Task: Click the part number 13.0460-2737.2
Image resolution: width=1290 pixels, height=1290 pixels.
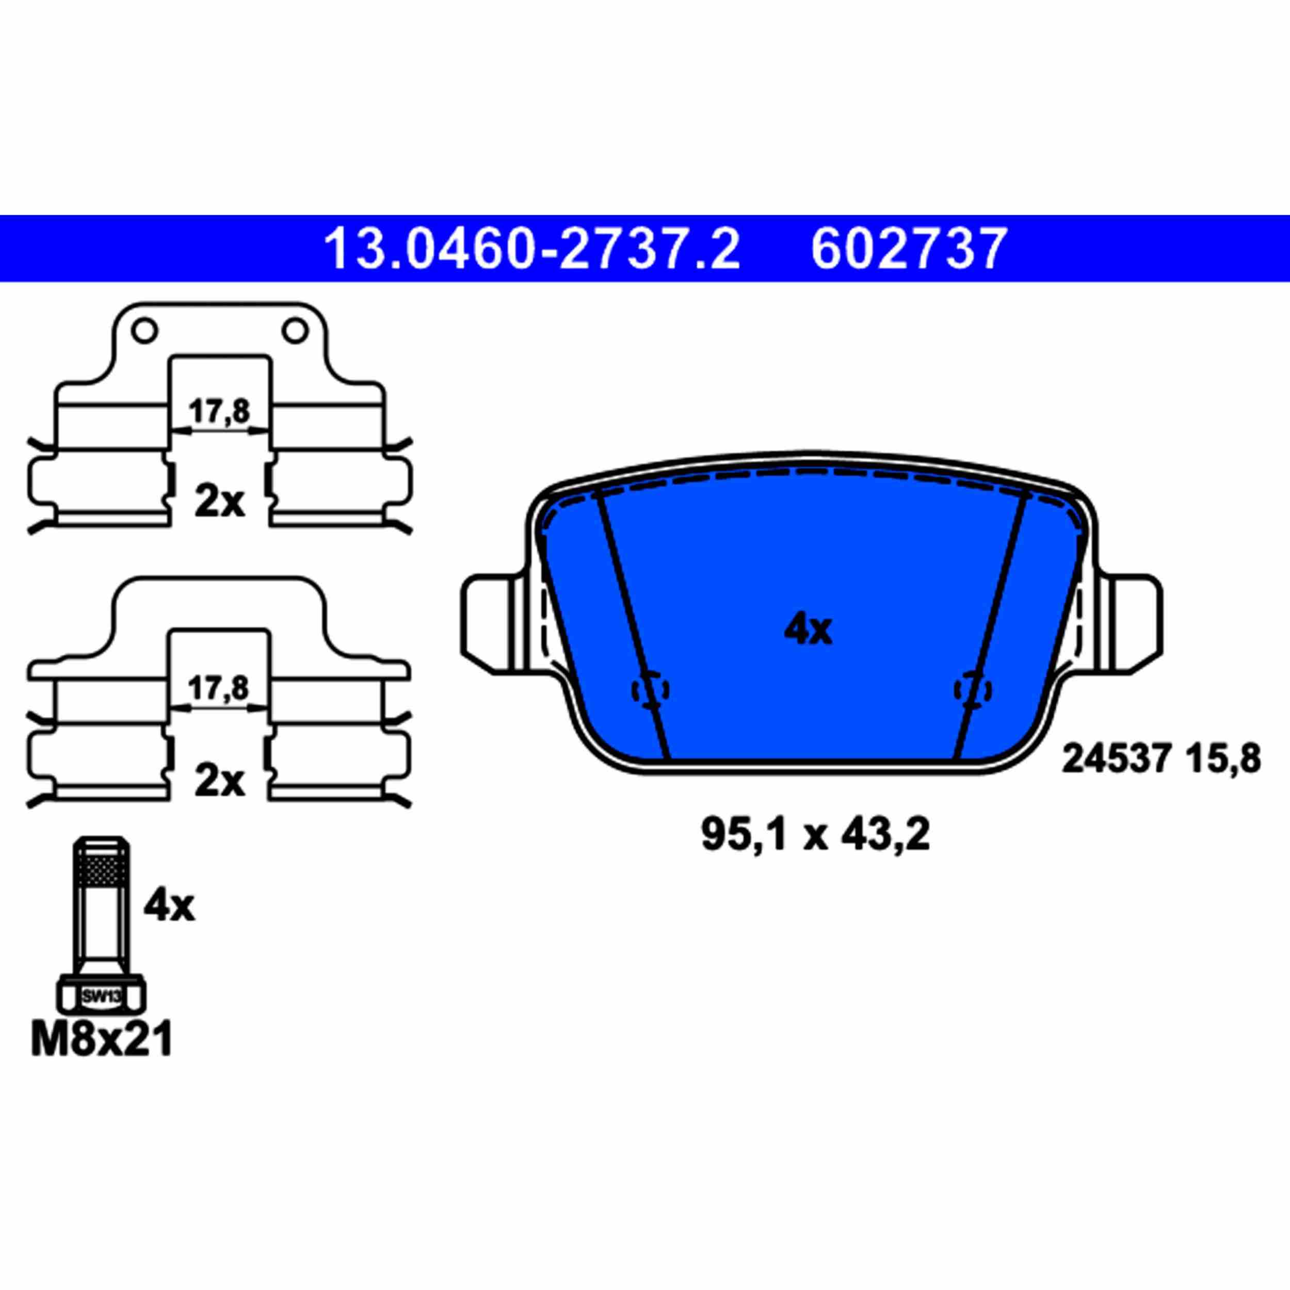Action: click(x=531, y=248)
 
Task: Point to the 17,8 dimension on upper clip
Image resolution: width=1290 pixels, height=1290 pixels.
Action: click(x=219, y=411)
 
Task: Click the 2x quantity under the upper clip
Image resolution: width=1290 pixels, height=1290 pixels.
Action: click(x=219, y=503)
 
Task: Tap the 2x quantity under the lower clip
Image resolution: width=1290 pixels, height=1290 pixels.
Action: click(x=219, y=781)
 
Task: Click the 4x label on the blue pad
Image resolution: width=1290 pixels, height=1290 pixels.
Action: click(x=808, y=630)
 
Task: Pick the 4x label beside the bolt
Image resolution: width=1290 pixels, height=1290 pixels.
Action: click(x=169, y=906)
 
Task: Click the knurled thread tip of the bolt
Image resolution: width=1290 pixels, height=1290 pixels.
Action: click(x=102, y=868)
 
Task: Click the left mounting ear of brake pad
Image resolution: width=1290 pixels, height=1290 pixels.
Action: click(x=491, y=624)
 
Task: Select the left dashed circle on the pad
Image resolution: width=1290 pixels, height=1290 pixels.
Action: click(x=650, y=690)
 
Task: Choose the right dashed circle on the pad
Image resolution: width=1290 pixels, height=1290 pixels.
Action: click(x=973, y=690)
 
